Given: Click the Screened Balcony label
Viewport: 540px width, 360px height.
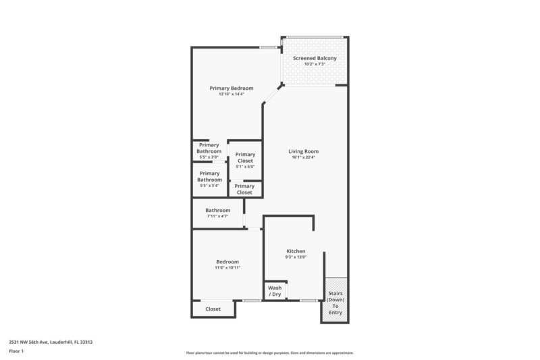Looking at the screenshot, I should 315,58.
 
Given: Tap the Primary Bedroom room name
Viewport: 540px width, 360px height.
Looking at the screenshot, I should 231,88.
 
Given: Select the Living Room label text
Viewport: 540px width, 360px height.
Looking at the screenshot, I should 303,151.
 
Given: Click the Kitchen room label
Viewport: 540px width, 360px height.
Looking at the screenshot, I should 295,251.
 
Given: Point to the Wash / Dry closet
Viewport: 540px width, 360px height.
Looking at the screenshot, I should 275,290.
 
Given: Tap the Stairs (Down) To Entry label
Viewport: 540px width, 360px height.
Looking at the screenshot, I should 335,303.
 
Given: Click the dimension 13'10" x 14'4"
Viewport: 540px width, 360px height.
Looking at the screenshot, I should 231,95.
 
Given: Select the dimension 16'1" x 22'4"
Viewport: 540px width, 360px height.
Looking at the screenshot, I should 303,157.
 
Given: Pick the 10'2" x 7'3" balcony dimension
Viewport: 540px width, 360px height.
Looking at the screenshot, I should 315,64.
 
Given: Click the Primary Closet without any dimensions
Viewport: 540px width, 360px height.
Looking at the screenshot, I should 244,189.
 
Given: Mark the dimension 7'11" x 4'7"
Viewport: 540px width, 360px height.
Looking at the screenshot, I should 217,216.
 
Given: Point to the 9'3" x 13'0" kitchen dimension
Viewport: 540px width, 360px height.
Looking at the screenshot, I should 295,257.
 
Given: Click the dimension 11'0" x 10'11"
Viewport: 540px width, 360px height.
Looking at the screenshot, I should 227,267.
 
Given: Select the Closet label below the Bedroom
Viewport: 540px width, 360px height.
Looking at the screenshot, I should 213,309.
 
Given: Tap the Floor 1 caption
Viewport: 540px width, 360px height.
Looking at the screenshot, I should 17,351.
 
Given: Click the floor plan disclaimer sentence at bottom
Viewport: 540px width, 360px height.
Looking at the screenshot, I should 269,353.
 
